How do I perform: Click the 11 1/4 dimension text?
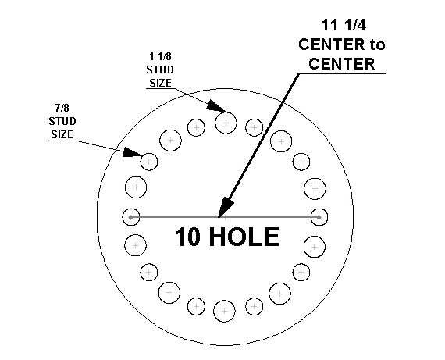(344, 25)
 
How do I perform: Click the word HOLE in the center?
(244, 237)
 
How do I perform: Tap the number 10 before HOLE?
(187, 237)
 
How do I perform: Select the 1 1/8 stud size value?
(160, 56)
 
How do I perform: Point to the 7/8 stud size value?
(62, 108)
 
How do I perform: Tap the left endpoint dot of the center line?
(130, 217)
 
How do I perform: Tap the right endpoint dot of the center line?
(319, 217)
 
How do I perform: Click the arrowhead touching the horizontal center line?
(225, 207)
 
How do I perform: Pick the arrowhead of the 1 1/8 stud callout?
(215, 105)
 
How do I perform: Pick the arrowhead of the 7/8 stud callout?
(132, 152)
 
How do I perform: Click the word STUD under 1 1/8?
(160, 70)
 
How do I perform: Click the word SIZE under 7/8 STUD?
(62, 134)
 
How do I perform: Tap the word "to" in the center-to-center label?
(377, 45)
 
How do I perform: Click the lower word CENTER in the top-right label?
(342, 64)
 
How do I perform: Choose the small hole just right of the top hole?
(254, 127)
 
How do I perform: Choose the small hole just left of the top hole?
(196, 127)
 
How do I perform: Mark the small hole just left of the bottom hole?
(197, 307)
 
